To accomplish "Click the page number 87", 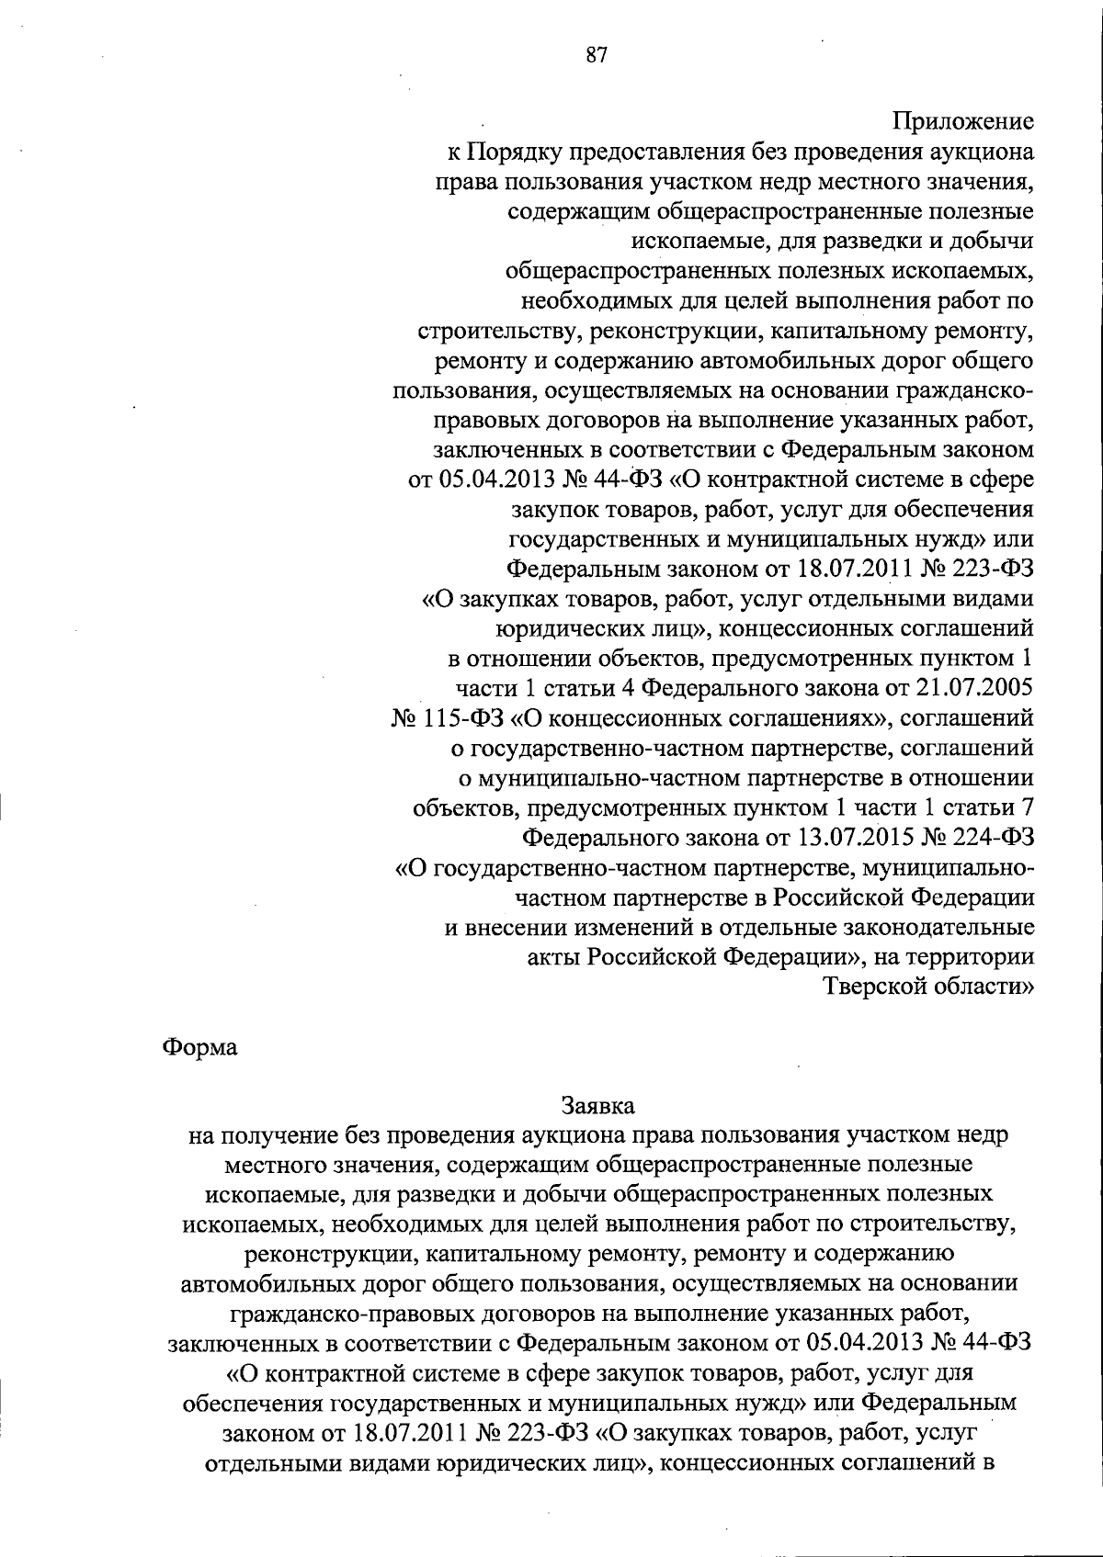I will pyautogui.click(x=597, y=54).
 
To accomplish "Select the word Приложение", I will pyautogui.click(x=963, y=120).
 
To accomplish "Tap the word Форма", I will pyautogui.click(x=199, y=1047).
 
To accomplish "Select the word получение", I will pyautogui.click(x=273, y=1135).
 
